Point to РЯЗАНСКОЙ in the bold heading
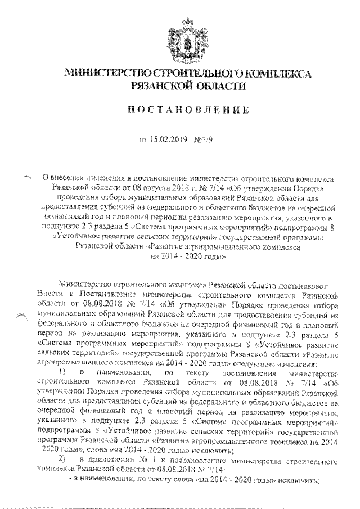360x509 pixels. [160, 86]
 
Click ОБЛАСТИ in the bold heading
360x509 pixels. [220, 86]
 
